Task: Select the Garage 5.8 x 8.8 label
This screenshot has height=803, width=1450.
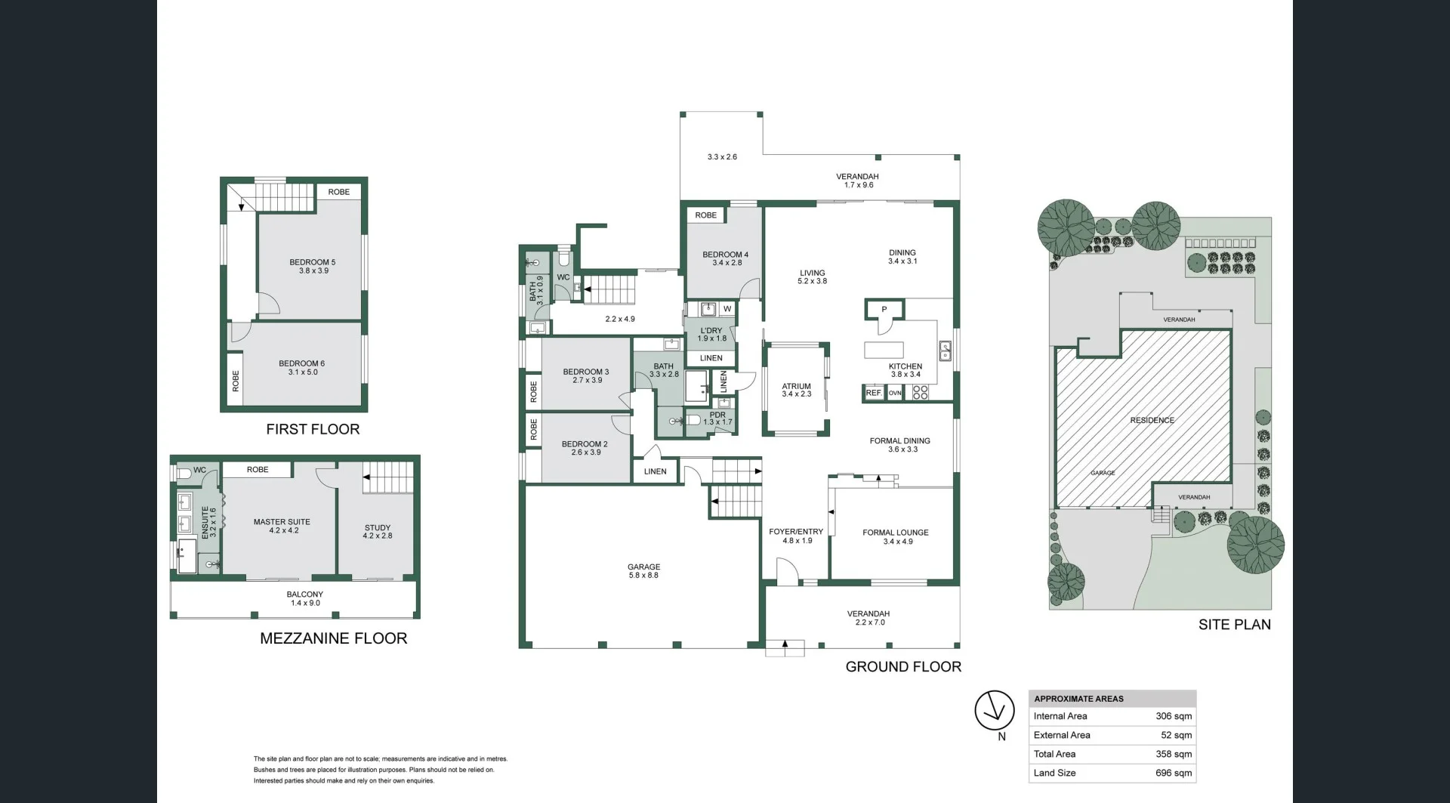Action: tap(643, 570)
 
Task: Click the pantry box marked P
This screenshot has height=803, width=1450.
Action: tap(884, 310)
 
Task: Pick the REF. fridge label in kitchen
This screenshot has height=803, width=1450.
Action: tap(874, 393)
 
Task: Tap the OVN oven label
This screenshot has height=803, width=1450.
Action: tap(895, 393)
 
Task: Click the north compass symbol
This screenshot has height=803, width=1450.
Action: tap(994, 711)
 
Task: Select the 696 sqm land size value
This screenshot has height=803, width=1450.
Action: tap(1174, 773)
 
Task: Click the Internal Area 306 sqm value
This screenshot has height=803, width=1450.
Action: tap(1174, 716)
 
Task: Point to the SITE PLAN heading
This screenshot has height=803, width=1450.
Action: tap(1234, 624)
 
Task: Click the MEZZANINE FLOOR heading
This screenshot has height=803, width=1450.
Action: tap(333, 638)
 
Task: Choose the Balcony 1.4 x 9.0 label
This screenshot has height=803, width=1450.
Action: tap(305, 598)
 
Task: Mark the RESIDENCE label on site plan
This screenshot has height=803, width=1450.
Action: tap(1152, 420)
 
